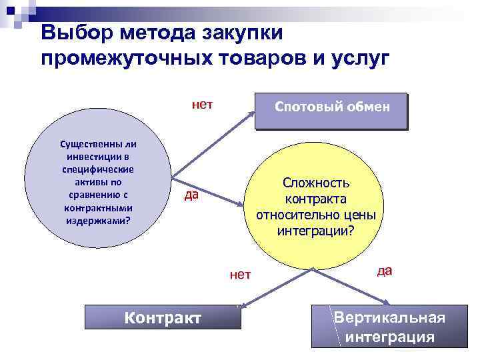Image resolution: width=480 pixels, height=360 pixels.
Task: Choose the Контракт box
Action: pos(163,317)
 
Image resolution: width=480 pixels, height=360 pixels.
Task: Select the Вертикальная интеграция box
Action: pos(389,326)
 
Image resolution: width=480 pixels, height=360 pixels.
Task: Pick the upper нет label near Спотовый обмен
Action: pos(201,104)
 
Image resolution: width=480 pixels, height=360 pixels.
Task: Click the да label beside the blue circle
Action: pos(191,195)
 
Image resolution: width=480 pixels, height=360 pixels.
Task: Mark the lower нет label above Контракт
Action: pos(239,274)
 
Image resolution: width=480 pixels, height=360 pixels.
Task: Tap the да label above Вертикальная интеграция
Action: pos(384,270)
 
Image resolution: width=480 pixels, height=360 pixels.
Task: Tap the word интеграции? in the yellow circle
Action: pos(315,231)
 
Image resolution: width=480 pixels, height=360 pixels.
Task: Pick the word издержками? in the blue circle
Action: pos(98,219)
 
